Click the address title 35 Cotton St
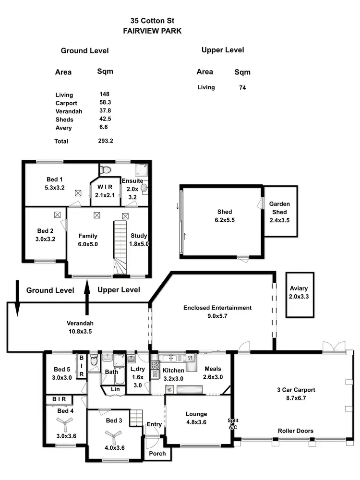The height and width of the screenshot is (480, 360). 152,21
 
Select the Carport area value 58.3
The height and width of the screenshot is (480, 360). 105,103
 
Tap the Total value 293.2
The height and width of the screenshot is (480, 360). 105,141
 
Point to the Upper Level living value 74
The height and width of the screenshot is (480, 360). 242,88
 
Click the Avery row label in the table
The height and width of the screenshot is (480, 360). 63,128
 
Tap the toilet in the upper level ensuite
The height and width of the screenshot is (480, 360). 107,169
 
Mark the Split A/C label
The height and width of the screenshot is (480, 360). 233,423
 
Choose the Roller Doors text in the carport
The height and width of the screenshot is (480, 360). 296,431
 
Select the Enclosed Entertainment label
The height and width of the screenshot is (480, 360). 217,312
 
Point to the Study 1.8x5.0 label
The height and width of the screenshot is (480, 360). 139,240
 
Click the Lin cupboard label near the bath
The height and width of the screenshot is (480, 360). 115,389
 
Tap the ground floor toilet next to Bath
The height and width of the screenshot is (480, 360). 94,360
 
